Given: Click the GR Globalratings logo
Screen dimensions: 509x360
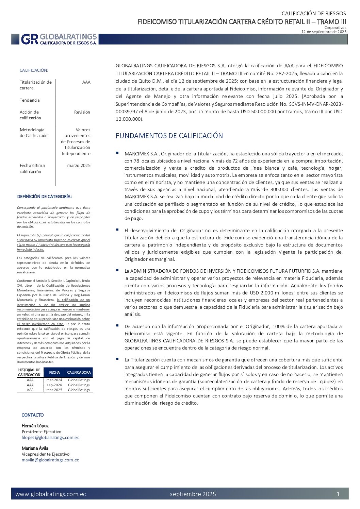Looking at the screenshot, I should [x=59, y=39].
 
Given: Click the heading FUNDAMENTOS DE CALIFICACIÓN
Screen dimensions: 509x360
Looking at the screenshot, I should [x=169, y=136].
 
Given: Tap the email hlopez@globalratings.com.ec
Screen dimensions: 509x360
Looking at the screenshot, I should [x=50, y=438].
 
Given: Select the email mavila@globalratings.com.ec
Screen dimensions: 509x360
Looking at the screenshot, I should [x=50, y=460].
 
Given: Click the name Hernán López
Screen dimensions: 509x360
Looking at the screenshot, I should [x=35, y=426].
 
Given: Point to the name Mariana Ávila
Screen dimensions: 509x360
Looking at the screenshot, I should [x=35, y=448].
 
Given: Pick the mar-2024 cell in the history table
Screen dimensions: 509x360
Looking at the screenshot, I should [x=54, y=380].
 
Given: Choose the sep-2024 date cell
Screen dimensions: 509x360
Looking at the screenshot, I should [x=54, y=385].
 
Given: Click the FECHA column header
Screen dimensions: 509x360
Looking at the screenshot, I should [x=54, y=373].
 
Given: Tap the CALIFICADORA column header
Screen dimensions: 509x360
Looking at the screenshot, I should [x=79, y=373].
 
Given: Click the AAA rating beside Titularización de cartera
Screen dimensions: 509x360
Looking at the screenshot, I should [x=86, y=82].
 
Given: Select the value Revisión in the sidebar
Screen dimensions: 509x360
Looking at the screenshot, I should [x=82, y=112].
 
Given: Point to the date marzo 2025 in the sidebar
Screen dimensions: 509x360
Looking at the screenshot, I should [x=79, y=166].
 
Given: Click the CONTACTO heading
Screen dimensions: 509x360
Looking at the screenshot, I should [x=33, y=415].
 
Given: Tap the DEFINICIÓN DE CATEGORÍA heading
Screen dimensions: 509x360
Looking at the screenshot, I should [x=45, y=197].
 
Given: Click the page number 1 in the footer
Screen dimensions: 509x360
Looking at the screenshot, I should [x=338, y=494].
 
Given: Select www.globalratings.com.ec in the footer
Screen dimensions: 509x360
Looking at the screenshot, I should [x=51, y=494].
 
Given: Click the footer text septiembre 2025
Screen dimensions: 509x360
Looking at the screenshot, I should [x=193, y=494].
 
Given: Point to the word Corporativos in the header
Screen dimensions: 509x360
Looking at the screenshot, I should [x=335, y=28].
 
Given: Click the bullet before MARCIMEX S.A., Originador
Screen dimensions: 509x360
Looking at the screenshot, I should [x=117, y=153].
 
